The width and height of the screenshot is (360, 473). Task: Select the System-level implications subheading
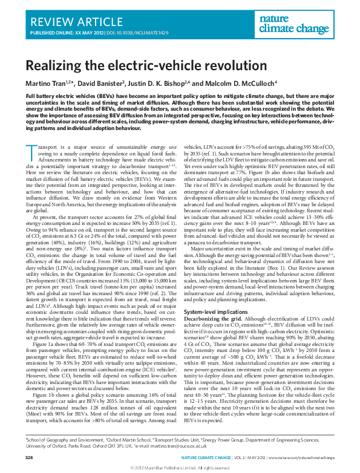[217, 311]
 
